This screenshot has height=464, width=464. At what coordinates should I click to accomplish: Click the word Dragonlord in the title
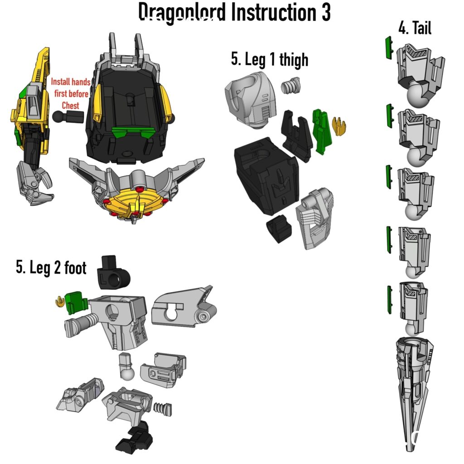coord(181,13)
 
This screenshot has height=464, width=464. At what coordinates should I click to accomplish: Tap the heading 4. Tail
coord(415,28)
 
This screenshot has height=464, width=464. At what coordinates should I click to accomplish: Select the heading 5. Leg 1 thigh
coord(270,59)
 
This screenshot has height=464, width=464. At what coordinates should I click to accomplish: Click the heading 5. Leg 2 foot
coord(51,267)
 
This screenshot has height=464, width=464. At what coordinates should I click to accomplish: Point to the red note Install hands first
coord(70,93)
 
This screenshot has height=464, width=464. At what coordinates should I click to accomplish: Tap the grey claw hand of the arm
coord(34,184)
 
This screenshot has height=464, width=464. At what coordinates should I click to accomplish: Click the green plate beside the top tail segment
coord(388,49)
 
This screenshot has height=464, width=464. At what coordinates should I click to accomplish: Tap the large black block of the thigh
coord(265,174)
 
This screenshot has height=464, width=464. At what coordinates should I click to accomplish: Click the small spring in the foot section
coord(162,408)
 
